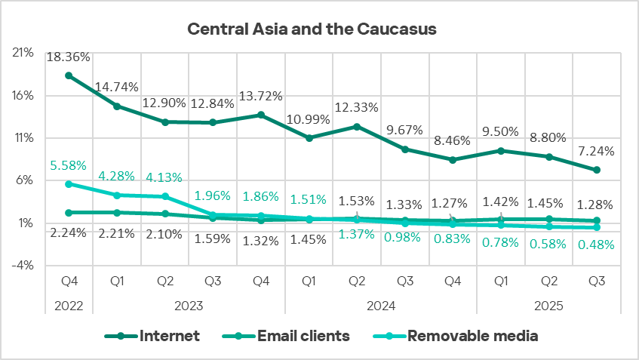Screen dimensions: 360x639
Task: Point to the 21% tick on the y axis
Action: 23,53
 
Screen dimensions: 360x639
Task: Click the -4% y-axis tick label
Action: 23,265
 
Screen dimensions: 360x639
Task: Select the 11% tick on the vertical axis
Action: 23,138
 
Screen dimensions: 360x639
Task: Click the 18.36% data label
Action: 69,57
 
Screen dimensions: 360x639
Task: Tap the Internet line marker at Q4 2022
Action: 69,75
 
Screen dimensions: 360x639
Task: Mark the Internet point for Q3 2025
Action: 597,170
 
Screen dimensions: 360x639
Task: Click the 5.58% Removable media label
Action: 69,165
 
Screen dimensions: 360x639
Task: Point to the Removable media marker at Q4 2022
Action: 69,184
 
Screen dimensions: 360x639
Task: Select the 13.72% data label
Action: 261,96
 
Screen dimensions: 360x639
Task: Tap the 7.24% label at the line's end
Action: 597,151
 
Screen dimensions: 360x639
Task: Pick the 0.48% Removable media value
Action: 597,245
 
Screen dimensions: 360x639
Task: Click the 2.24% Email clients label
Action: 69,233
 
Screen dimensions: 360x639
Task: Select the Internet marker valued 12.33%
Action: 357,127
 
